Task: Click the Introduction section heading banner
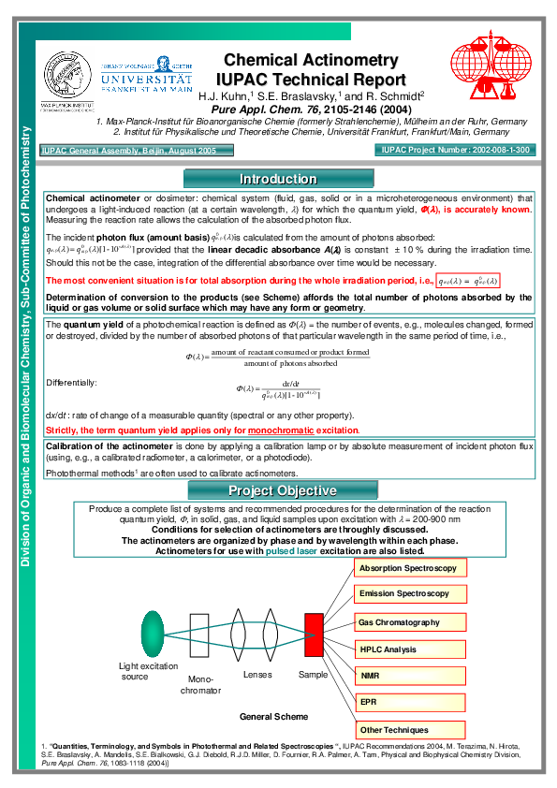278,179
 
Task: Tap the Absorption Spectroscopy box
409,568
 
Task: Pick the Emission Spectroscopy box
409,594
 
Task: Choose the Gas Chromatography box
409,622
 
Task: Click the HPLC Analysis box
409,649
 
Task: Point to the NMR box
409,676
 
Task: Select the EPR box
409,702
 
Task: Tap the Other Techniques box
409,730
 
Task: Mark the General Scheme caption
273,717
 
